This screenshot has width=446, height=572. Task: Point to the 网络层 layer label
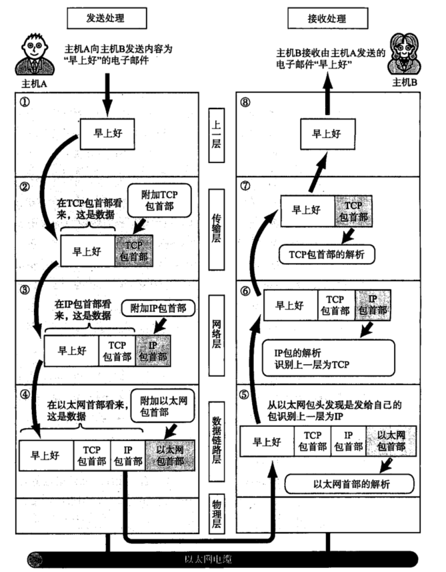point(217,326)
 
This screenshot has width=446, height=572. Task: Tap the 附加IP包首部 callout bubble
point(159,307)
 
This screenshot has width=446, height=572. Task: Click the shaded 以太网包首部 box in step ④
point(169,455)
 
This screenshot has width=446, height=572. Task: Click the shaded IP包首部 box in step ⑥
point(372,306)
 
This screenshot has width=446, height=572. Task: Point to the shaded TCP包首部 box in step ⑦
point(353,211)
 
